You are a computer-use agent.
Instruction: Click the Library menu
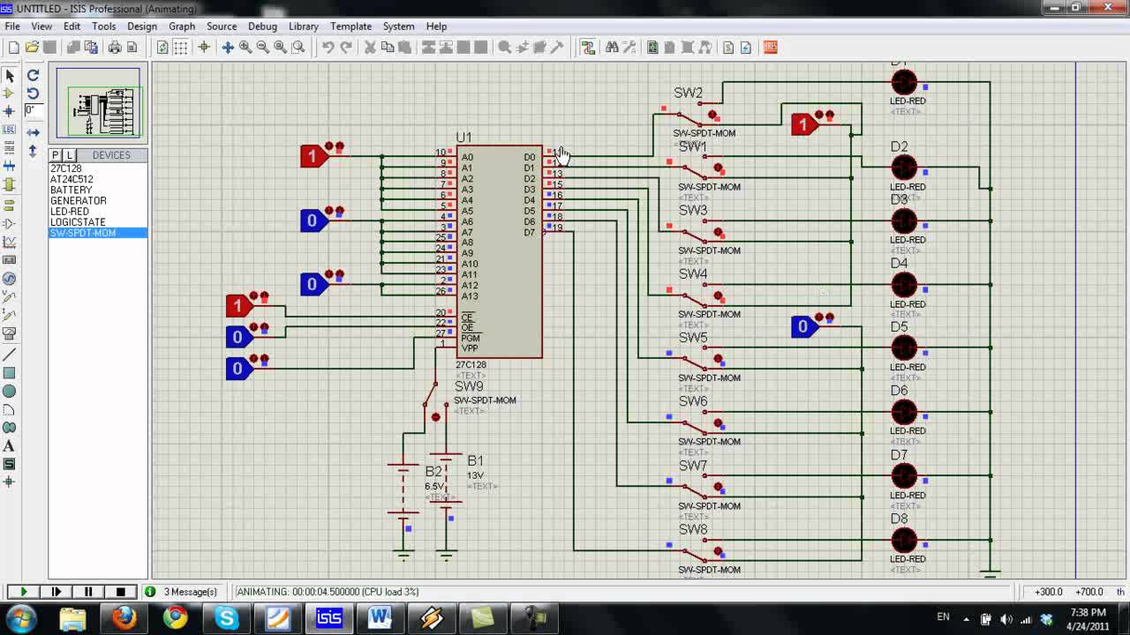[303, 26]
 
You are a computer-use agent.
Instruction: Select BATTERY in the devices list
[72, 190]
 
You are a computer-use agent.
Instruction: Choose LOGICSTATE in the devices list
[78, 222]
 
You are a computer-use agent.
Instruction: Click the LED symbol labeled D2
[904, 167]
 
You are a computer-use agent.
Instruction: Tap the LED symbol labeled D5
[904, 347]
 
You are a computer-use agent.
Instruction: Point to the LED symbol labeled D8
[904, 540]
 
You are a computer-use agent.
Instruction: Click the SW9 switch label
[469, 386]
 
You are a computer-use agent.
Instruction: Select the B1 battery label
[475, 460]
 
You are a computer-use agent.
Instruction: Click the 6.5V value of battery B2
[434, 486]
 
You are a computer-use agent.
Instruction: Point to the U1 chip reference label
[463, 138]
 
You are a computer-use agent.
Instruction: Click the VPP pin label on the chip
[469, 348]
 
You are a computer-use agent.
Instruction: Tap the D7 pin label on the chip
[530, 233]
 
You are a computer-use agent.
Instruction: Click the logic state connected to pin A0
[313, 157]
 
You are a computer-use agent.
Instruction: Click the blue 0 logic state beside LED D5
[803, 327]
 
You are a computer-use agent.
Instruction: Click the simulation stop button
[121, 592]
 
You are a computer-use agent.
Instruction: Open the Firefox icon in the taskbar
[124, 617]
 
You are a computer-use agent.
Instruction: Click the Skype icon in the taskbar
[227, 617]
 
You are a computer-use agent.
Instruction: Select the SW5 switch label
[693, 338]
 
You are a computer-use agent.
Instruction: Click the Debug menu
[262, 26]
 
